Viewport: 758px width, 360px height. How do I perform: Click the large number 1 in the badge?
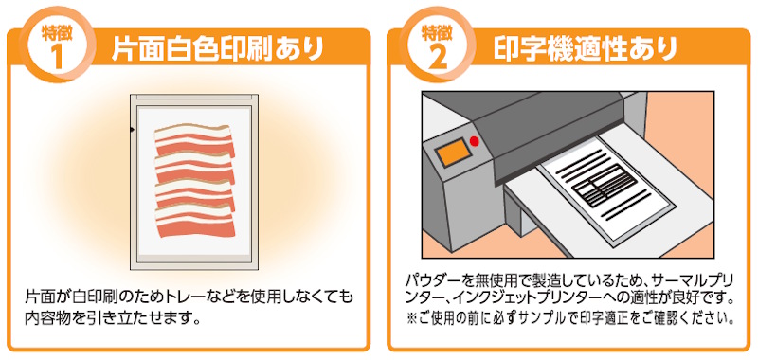tap(56, 58)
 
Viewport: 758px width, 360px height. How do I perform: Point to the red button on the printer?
tap(475, 141)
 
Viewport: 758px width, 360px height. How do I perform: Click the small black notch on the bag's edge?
tap(132, 130)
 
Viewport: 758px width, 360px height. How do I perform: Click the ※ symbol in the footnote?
tap(411, 319)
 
